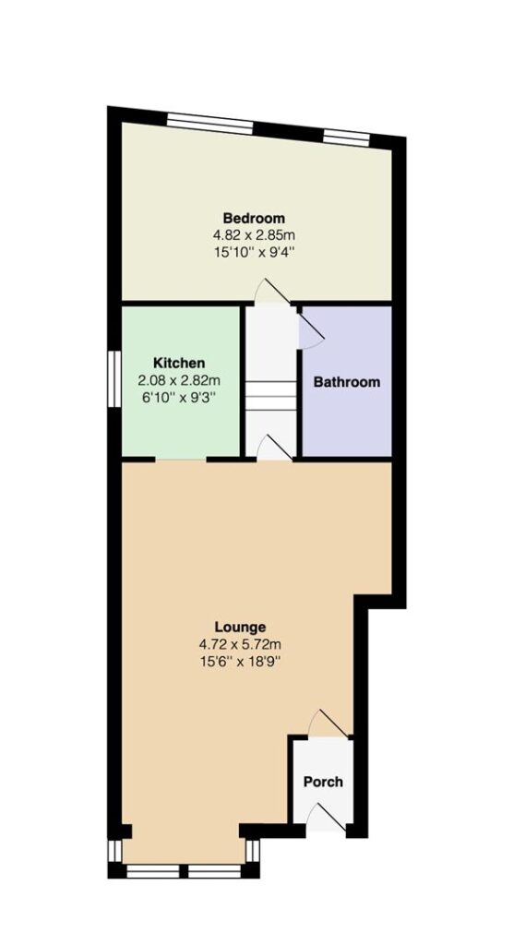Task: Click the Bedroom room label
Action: (x=254, y=218)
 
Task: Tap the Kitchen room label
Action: (x=179, y=363)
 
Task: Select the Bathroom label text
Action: (x=347, y=382)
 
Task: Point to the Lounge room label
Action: (x=241, y=627)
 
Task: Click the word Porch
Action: (x=323, y=782)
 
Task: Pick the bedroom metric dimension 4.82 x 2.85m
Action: (x=254, y=234)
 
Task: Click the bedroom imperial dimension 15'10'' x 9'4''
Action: (x=254, y=251)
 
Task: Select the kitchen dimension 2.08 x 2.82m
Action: (x=179, y=380)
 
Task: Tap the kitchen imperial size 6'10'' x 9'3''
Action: (x=179, y=397)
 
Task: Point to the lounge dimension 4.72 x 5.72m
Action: (x=241, y=644)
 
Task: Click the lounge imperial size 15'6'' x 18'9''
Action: (x=241, y=661)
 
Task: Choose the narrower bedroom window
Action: (x=346, y=138)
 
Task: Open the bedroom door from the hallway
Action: (x=272, y=291)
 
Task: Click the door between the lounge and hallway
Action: (x=275, y=449)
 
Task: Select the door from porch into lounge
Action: (x=329, y=724)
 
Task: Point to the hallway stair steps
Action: (x=270, y=395)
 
